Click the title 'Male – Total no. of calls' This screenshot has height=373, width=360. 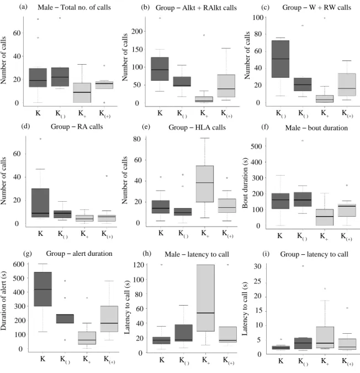pyautogui.click(x=74, y=7)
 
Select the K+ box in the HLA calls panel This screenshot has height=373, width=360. pyautogui.click(x=205, y=183)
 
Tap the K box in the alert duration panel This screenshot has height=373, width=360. pyautogui.click(x=43, y=289)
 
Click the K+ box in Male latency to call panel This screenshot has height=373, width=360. pyautogui.click(x=206, y=298)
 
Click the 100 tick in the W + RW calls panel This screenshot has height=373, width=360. pyautogui.click(x=258, y=17)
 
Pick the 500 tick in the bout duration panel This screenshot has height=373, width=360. pyautogui.click(x=256, y=146)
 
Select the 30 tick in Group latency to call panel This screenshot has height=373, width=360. pyautogui.click(x=258, y=266)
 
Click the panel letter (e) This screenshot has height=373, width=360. pyautogui.click(x=146, y=127)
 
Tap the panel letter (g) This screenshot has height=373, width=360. pyautogui.click(x=28, y=254)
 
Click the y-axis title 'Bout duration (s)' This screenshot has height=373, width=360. pyautogui.click(x=245, y=183)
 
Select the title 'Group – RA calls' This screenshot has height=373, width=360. pyautogui.click(x=77, y=127)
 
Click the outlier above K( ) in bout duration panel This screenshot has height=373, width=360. pyautogui.click(x=303, y=140)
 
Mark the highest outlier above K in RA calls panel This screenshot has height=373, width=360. pyautogui.click(x=40, y=139)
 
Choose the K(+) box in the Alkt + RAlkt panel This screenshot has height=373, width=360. pyautogui.click(x=226, y=86)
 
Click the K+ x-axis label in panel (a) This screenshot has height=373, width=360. pyautogui.click(x=82, y=113)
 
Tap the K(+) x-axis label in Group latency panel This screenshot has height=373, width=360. pyautogui.click(x=347, y=361)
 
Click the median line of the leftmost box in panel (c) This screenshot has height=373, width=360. pyautogui.click(x=280, y=59)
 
